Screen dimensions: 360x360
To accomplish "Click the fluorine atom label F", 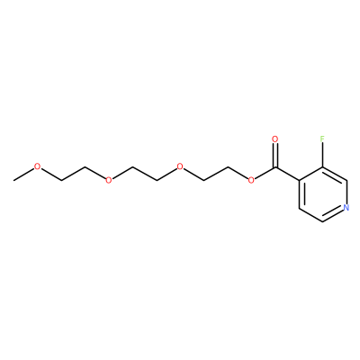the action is click(x=322, y=139).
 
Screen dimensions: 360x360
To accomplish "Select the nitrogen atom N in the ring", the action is click(x=346, y=207).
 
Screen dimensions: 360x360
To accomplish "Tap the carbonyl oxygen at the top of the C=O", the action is click(x=274, y=139).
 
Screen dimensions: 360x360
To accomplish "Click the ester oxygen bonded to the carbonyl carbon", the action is click(x=251, y=180).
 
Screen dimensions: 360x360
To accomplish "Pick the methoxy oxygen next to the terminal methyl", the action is click(x=37, y=166).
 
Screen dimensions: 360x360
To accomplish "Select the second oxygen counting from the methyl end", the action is click(x=109, y=180).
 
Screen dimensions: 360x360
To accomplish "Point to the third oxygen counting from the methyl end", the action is click(x=180, y=166).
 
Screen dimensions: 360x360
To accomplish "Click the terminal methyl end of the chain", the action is click(x=13, y=180).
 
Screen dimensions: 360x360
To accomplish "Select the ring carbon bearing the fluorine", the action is click(x=323, y=166).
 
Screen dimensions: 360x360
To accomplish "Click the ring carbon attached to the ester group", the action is click(x=299, y=180).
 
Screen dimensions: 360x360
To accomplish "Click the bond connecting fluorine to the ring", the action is click(x=323, y=155).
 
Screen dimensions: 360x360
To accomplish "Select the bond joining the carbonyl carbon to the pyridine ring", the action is click(x=287, y=174).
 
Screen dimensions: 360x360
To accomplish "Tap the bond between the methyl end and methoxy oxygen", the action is click(x=23, y=175).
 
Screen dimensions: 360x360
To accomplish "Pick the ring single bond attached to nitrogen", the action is click(x=346, y=192).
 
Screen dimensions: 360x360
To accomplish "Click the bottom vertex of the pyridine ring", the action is click(x=323, y=221).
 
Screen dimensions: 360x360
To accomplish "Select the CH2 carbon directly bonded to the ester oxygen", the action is click(x=228, y=166).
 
